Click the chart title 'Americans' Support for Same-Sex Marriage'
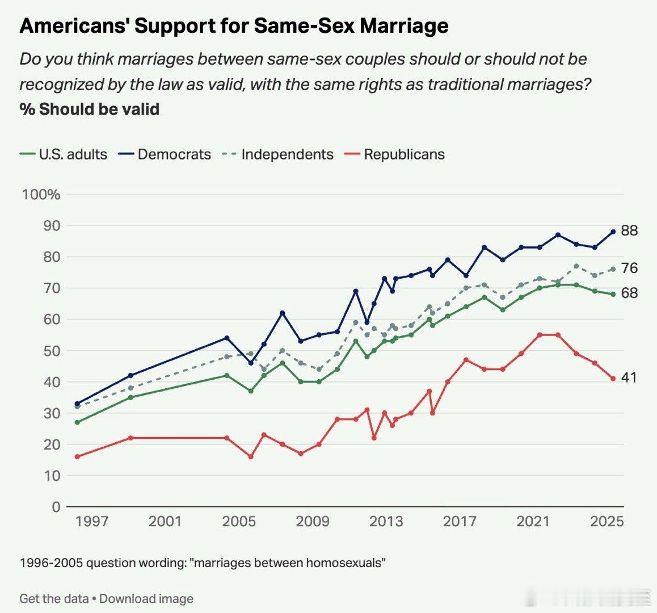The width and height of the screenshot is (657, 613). [234, 26]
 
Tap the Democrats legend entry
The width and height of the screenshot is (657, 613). [165, 154]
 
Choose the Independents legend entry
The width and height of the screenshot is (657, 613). [278, 154]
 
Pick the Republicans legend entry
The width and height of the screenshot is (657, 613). [395, 154]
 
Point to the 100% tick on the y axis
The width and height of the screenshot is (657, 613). [41, 195]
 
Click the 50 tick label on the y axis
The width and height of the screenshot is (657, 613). [52, 351]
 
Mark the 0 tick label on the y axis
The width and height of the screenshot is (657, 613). [56, 507]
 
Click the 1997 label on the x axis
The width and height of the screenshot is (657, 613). [92, 521]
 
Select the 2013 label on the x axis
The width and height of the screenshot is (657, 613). [386, 521]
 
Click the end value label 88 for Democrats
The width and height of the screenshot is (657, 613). [629, 231]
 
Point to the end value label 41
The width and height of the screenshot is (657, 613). [629, 378]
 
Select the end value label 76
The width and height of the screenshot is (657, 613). [629, 268]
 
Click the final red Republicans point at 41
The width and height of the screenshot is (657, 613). [613, 379]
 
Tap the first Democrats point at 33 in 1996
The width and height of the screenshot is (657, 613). [77, 404]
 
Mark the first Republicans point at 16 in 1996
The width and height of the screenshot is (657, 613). [77, 456]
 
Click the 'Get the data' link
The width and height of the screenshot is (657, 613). [54, 599]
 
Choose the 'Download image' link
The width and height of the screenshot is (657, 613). [146, 599]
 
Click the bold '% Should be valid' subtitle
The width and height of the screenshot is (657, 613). [89, 109]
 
